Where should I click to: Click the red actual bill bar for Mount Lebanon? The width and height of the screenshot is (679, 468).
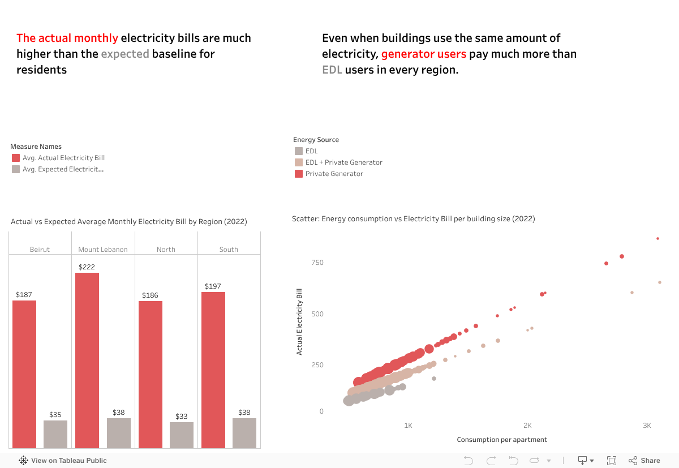(87, 360)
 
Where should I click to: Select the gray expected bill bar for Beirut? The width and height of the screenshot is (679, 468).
(55, 434)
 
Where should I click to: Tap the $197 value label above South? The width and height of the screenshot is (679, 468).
(213, 286)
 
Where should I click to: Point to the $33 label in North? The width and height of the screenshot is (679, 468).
(181, 417)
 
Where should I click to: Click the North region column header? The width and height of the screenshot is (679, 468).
(166, 250)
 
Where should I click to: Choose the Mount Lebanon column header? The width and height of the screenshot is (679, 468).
(103, 250)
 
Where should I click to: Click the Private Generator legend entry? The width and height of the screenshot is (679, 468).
(334, 174)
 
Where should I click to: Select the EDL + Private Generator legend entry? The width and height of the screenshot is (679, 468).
(343, 162)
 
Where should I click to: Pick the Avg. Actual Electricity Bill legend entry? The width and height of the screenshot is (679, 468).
(63, 158)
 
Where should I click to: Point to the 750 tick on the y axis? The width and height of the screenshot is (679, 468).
(317, 263)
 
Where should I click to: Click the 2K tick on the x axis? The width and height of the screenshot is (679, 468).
(527, 425)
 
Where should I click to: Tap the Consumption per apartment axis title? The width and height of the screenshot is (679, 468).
(502, 440)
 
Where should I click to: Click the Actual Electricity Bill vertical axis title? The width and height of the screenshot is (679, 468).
(299, 321)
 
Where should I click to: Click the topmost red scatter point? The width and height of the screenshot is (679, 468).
(657, 239)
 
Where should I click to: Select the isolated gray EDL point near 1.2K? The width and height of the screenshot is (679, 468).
(434, 379)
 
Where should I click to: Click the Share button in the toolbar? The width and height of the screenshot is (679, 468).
(644, 460)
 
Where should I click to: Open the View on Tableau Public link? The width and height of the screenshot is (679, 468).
(63, 461)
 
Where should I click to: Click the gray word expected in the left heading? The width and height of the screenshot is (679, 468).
(125, 54)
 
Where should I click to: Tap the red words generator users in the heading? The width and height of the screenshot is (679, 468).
(424, 54)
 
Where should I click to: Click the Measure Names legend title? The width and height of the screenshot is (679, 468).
(36, 147)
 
